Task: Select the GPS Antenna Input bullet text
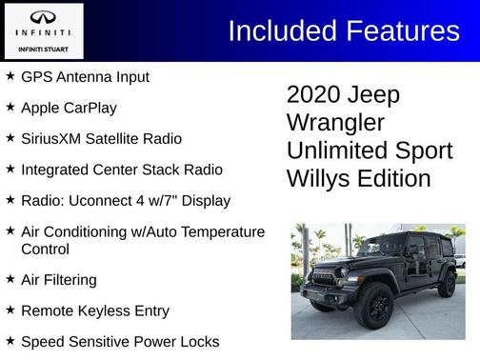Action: pyautogui.click(x=85, y=76)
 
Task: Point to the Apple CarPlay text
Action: pyautogui.click(x=69, y=108)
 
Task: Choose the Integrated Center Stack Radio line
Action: pyautogui.click(x=122, y=170)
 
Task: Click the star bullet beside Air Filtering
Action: pyautogui.click(x=10, y=279)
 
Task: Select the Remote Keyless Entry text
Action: pyautogui.click(x=95, y=310)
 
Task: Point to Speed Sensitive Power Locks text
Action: pyautogui.click(x=120, y=341)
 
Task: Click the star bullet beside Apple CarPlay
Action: pyautogui.click(x=10, y=107)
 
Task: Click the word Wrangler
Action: pyautogui.click(x=335, y=123)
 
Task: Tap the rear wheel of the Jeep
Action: pyautogui.click(x=446, y=284)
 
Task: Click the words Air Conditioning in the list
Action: pyautogui.click(x=80, y=231)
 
